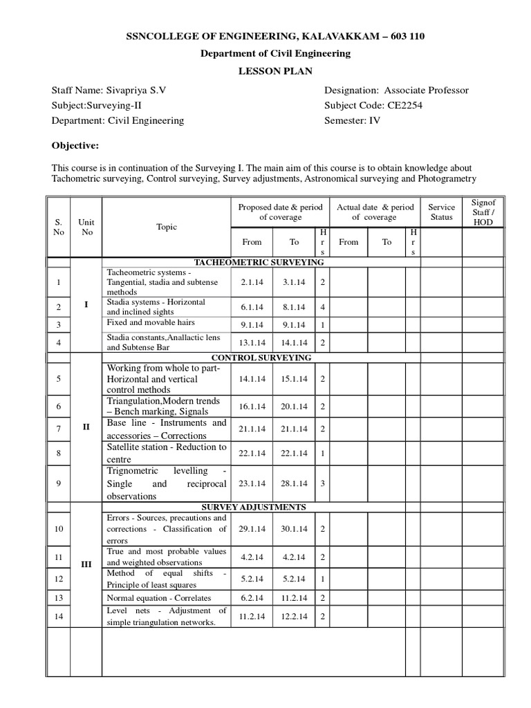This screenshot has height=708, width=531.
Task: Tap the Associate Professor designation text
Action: [426, 91]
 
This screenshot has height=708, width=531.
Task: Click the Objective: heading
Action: [75, 146]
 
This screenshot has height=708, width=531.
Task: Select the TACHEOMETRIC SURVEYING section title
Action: [259, 263]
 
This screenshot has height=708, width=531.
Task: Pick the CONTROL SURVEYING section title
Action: [261, 357]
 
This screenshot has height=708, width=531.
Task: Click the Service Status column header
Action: [442, 212]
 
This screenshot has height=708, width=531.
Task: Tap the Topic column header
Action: [167, 227]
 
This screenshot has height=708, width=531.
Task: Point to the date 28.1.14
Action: [293, 483]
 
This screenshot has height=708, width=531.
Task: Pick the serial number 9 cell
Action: [59, 483]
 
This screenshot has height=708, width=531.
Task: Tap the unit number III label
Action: [86, 564]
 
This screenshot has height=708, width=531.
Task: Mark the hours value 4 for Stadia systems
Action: [323, 306]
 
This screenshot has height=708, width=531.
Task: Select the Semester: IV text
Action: [352, 120]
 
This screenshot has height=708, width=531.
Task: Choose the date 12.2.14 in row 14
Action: [293, 616]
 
